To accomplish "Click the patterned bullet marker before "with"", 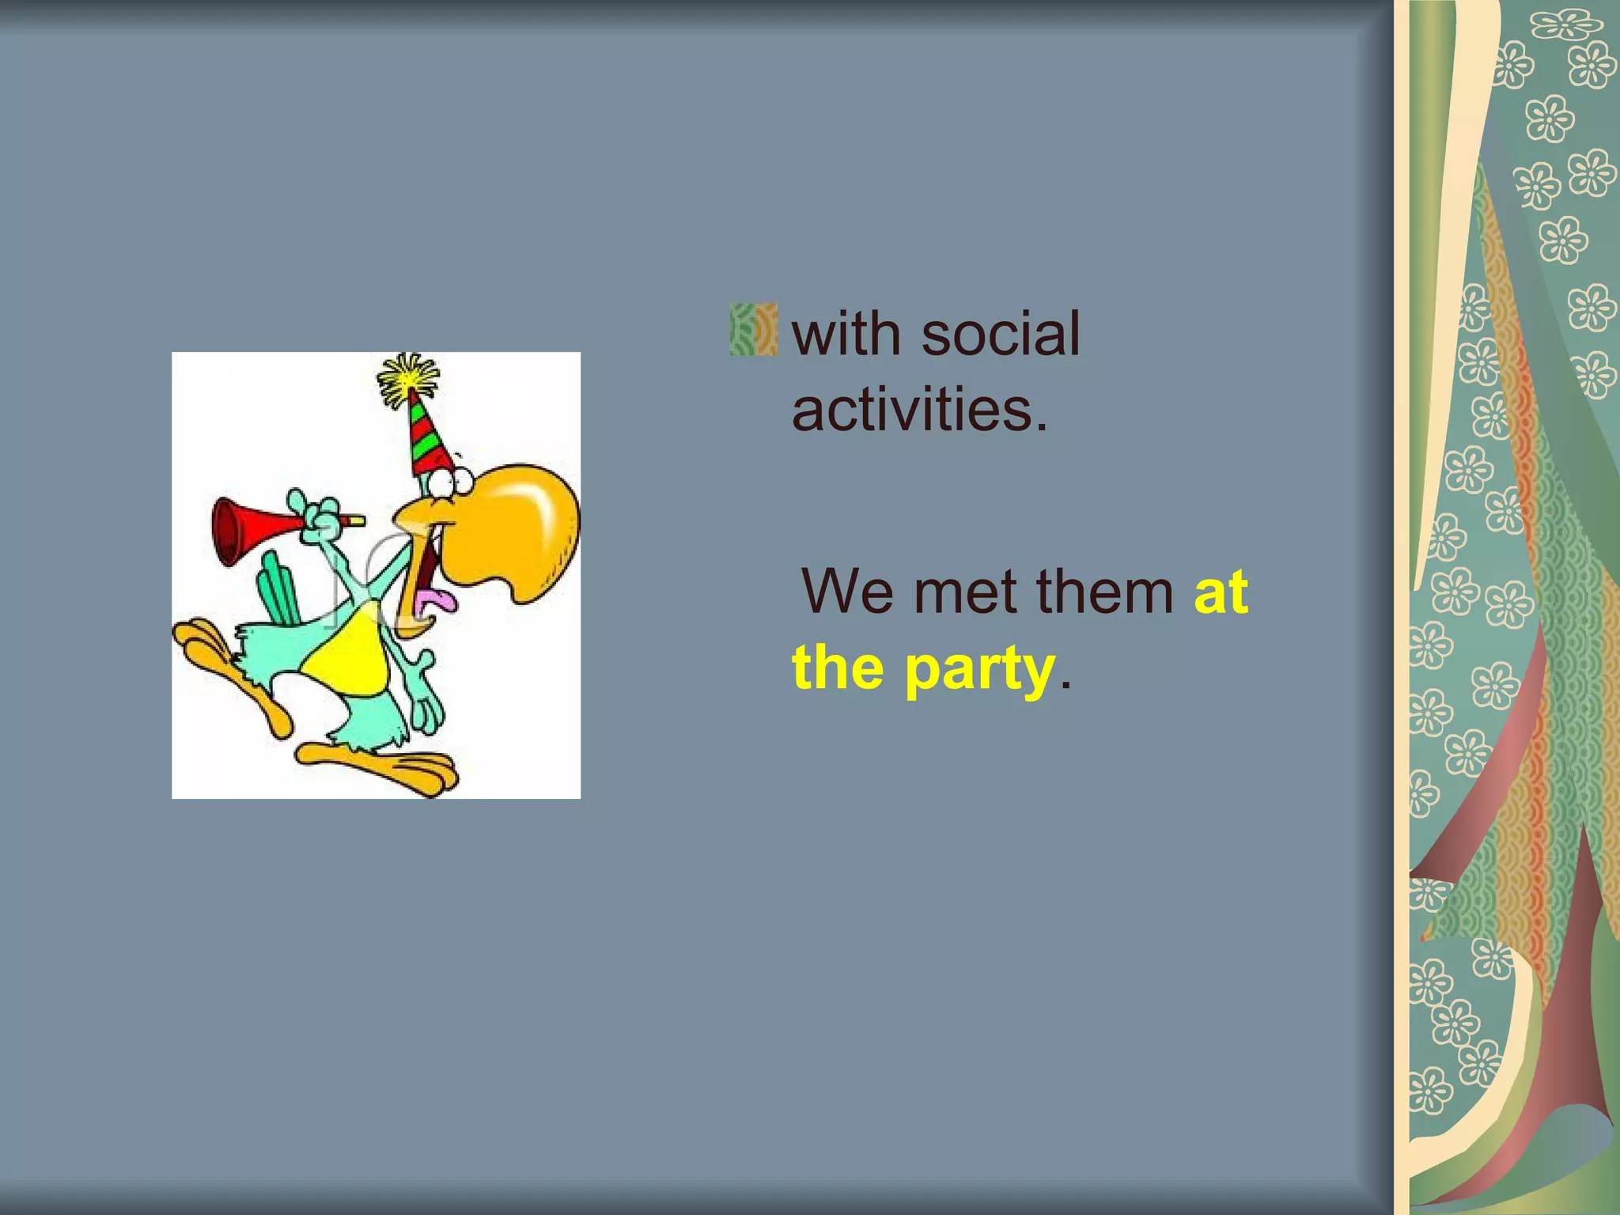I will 753,329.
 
